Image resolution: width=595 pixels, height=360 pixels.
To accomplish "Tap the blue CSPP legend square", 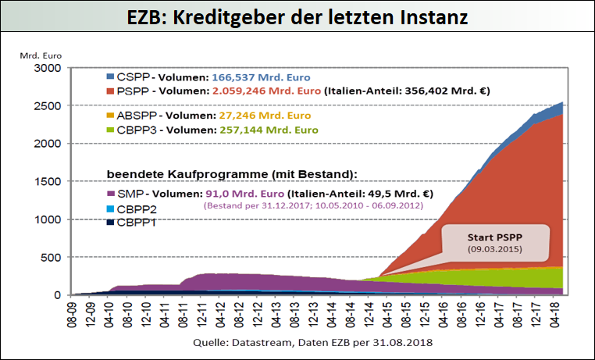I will tap(110, 77).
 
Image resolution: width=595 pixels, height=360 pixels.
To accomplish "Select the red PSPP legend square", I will tap(110, 91).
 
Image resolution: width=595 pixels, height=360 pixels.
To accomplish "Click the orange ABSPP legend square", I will tap(110, 115).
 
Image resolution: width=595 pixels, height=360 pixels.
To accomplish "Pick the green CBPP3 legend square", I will tap(110, 129).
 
